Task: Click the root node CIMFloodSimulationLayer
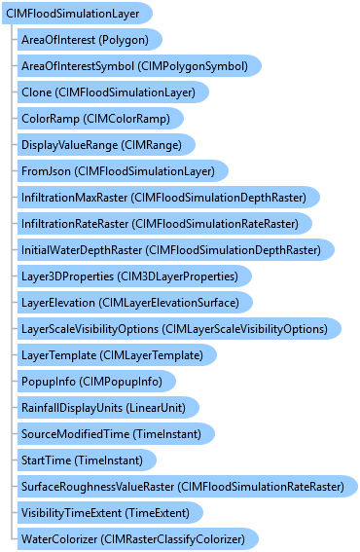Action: pos(77,14)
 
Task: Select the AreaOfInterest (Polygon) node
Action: pos(90,40)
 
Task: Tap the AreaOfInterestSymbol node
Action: pos(139,66)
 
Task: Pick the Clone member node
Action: pos(113,92)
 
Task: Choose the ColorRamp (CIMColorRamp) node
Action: pos(100,119)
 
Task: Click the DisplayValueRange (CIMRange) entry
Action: pos(106,145)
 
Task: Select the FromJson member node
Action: pos(123,171)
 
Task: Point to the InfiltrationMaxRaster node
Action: pos(168,197)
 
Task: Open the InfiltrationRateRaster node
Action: pos(164,224)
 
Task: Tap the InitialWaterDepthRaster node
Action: pos(176,250)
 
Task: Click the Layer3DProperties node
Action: pos(134,276)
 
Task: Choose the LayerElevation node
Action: pos(135,303)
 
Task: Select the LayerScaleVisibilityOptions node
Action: pos(179,329)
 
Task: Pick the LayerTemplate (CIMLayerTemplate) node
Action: pos(117,354)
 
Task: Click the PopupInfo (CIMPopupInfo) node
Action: pos(96,382)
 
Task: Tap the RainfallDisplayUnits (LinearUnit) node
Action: pos(108,408)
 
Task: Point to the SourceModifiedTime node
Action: pos(116,434)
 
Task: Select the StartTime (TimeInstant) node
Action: pos(87,460)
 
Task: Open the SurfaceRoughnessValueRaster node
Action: pos(188,487)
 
